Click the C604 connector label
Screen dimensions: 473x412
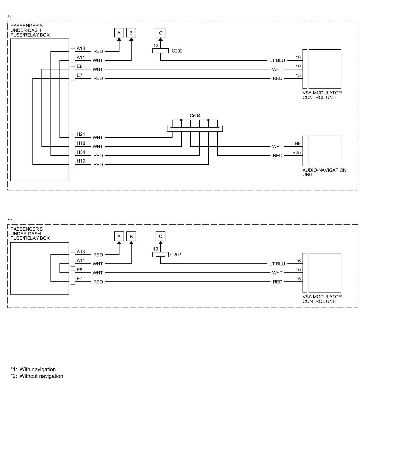pyautogui.click(x=195, y=116)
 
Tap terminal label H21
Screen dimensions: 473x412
pyautogui.click(x=81, y=134)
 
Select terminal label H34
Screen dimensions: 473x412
pyautogui.click(x=81, y=152)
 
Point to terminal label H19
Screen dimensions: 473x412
pyautogui.click(x=81, y=161)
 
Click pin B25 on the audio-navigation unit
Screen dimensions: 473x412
pyautogui.click(x=296, y=153)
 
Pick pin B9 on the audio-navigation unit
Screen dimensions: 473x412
pyautogui.click(x=298, y=144)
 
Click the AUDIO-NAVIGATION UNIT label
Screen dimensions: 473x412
pyautogui.click(x=324, y=172)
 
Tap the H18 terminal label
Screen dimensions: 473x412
pyautogui.click(x=81, y=143)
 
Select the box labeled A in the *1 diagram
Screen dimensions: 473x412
pyautogui.click(x=119, y=33)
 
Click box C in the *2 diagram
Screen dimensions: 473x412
pyautogui.click(x=160, y=236)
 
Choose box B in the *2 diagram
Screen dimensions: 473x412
pyautogui.click(x=131, y=236)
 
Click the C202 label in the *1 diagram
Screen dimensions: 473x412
pyautogui.click(x=177, y=51)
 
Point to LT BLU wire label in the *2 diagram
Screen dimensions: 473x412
pyautogui.click(x=277, y=264)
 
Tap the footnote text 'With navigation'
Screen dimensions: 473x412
pyautogui.click(x=38, y=369)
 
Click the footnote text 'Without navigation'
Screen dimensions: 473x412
pyautogui.click(x=41, y=376)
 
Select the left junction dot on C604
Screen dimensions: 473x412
pyautogui.click(x=181, y=120)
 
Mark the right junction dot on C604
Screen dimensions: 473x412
pyautogui.click(x=208, y=120)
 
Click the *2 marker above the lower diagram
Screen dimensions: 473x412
pyautogui.click(x=10, y=221)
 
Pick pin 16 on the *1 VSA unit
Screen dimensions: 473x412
pyautogui.click(x=298, y=57)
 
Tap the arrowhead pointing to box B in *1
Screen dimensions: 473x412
pyautogui.click(x=131, y=39)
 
